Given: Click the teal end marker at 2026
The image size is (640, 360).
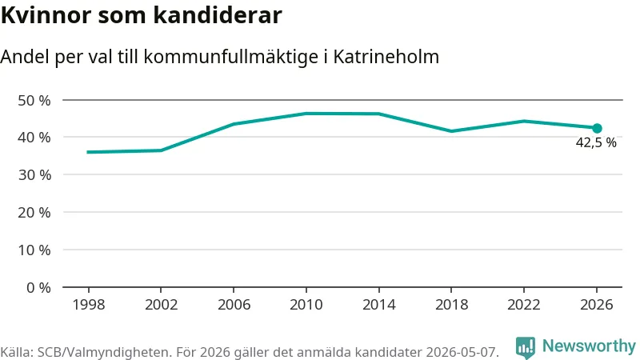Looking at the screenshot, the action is click(597, 128).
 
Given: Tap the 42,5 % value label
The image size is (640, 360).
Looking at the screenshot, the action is click(596, 142).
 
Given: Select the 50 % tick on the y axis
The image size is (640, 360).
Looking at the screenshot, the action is click(34, 101).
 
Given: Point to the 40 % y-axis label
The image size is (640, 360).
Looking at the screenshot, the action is click(34, 138).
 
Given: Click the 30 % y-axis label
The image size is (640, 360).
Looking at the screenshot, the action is click(34, 175).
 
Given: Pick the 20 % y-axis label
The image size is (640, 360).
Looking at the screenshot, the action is click(34, 213).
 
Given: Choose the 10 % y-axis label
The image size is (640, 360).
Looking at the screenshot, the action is click(34, 250).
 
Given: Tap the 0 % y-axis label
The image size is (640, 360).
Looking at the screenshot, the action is click(38, 288).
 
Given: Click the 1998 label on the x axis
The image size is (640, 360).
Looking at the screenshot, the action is click(89, 305).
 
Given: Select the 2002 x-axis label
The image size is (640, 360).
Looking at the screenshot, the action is click(162, 305).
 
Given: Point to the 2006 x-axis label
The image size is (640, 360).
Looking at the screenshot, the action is click(234, 305).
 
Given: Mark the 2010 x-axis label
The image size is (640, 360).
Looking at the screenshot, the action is click(306, 305).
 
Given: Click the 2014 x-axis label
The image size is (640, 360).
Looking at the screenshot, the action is click(378, 305).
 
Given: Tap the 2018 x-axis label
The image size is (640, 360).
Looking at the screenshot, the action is click(451, 305).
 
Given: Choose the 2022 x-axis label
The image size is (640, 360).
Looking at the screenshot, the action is click(524, 305).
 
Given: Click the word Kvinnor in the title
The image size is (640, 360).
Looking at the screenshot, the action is click(46, 15).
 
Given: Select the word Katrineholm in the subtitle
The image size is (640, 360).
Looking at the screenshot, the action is click(386, 57).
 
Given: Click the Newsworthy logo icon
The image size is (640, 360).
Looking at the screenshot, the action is click(526, 348).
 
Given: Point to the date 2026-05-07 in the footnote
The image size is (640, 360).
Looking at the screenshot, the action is click(462, 352).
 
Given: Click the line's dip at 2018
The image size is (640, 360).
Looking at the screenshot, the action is click(451, 131).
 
